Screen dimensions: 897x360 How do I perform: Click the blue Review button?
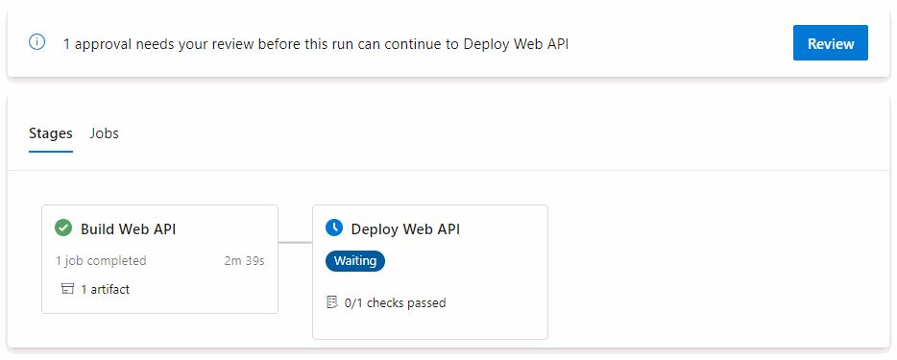coord(830,43)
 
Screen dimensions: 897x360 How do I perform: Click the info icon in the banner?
coord(37,42)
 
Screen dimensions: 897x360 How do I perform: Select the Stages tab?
coord(51,133)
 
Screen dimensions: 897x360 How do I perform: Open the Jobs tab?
coord(104,133)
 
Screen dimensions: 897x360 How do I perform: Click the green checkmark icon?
coord(63,228)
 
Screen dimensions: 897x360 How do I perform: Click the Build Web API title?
coord(128,229)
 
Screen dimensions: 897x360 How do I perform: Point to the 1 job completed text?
coord(101,260)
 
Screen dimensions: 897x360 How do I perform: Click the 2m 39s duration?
coord(245,260)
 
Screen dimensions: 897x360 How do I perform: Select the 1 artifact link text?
coord(105,289)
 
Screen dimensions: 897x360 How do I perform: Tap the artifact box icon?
coord(67,289)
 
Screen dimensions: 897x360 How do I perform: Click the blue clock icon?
coord(334,228)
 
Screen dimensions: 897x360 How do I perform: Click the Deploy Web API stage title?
coord(405,229)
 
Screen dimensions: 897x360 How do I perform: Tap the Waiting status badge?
coord(355,260)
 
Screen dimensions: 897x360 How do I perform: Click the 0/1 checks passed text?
coord(395,302)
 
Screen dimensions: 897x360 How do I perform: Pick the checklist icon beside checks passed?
coord(332,302)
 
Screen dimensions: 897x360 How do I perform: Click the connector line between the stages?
coord(295,242)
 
